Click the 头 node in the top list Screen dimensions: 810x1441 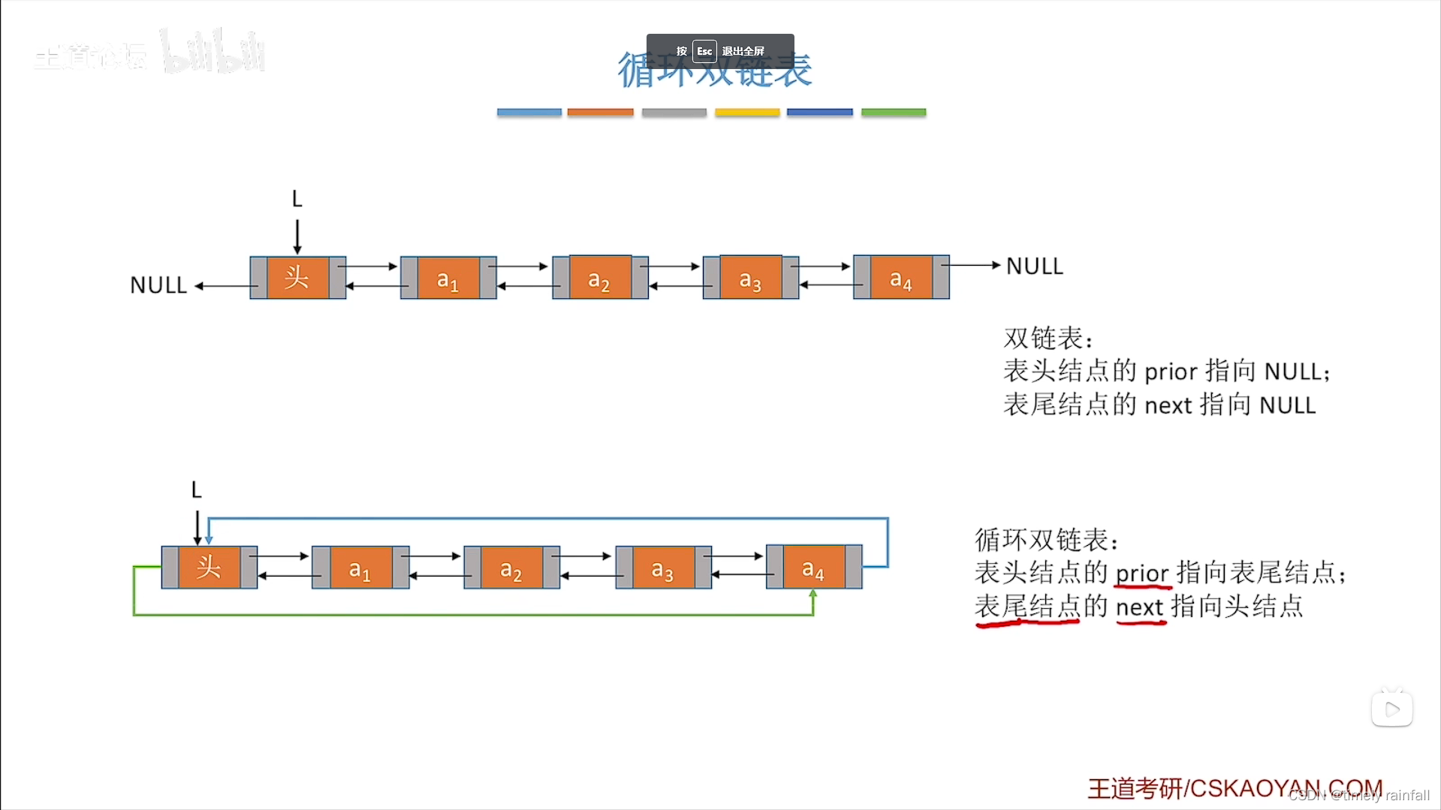(x=297, y=278)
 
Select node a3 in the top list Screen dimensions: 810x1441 (x=750, y=279)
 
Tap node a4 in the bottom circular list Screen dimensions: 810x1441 (x=814, y=568)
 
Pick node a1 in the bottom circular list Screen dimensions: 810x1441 (x=360, y=569)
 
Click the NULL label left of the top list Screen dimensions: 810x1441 (x=158, y=285)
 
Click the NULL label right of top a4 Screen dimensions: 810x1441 (x=1034, y=266)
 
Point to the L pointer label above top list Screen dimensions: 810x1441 (x=297, y=199)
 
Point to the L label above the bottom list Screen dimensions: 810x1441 (x=196, y=490)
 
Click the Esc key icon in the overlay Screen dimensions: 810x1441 (x=704, y=51)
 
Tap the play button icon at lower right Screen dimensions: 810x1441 (x=1391, y=709)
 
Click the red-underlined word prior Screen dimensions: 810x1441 (x=1142, y=574)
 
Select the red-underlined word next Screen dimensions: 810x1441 (x=1139, y=607)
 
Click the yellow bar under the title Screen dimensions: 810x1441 (x=747, y=113)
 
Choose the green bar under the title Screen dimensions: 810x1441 (x=894, y=113)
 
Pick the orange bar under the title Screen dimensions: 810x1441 (x=601, y=113)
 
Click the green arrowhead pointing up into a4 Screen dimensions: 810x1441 (x=812, y=595)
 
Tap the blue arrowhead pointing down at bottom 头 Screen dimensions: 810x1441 (x=209, y=539)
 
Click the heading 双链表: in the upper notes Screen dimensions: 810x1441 (x=1048, y=338)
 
